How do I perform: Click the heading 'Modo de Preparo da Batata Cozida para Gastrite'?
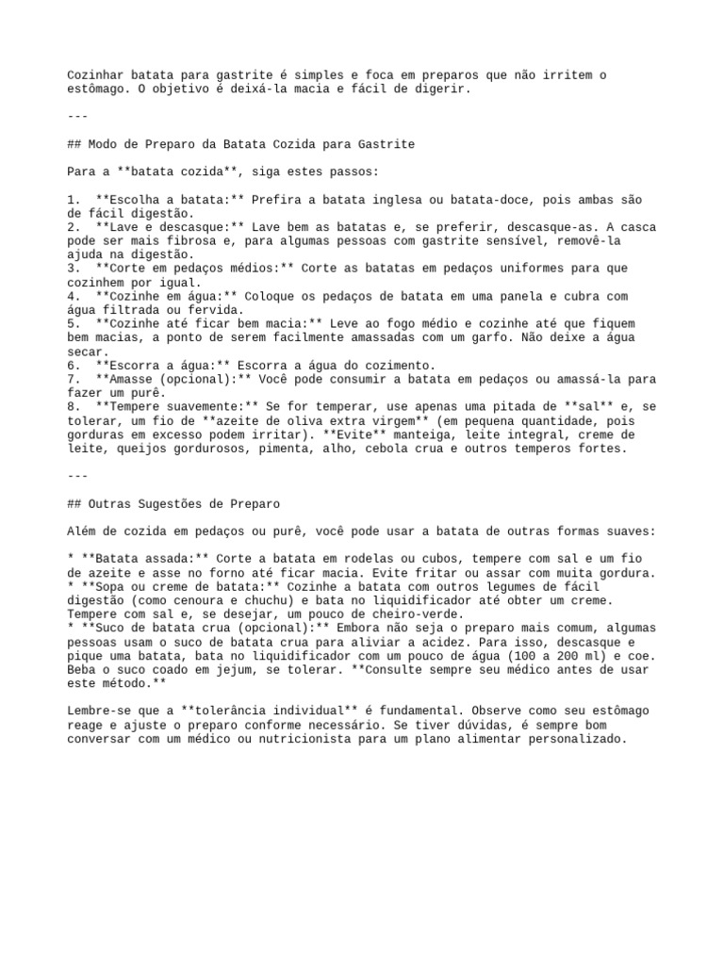click(251, 144)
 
